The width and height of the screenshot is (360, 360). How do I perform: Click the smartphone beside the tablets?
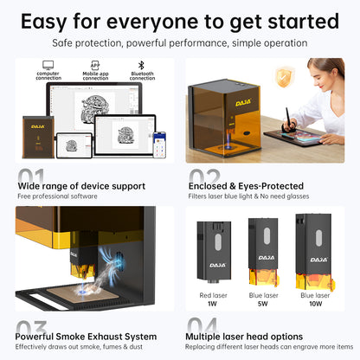(x=158, y=143)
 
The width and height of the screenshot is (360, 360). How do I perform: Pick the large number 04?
(x=205, y=327)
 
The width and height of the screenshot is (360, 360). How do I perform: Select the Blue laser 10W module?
(x=317, y=255)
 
